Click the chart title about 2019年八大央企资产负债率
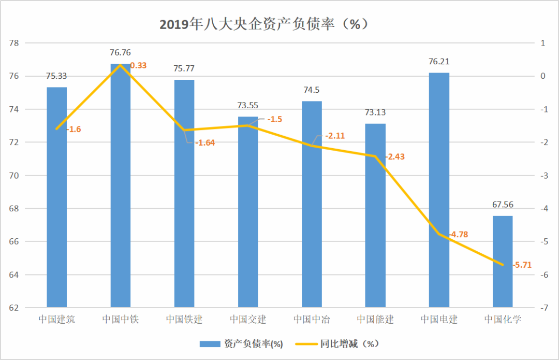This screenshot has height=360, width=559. pos(264,24)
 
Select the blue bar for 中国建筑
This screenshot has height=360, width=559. pos(57,197)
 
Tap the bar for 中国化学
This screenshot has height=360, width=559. pos(503,262)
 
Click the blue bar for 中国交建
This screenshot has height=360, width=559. pos(248,212)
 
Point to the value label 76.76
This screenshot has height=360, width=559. pos(121,52)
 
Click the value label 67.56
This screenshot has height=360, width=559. pos(503,205)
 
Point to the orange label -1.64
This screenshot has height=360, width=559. pos(204,142)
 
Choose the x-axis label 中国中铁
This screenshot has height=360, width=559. pos(121,319)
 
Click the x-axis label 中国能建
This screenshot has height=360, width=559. pos(375,319)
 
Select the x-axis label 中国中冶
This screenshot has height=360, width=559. pos(312,319)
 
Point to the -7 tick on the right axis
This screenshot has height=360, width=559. pos(543,308)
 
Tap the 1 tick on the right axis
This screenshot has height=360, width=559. pos(543,43)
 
